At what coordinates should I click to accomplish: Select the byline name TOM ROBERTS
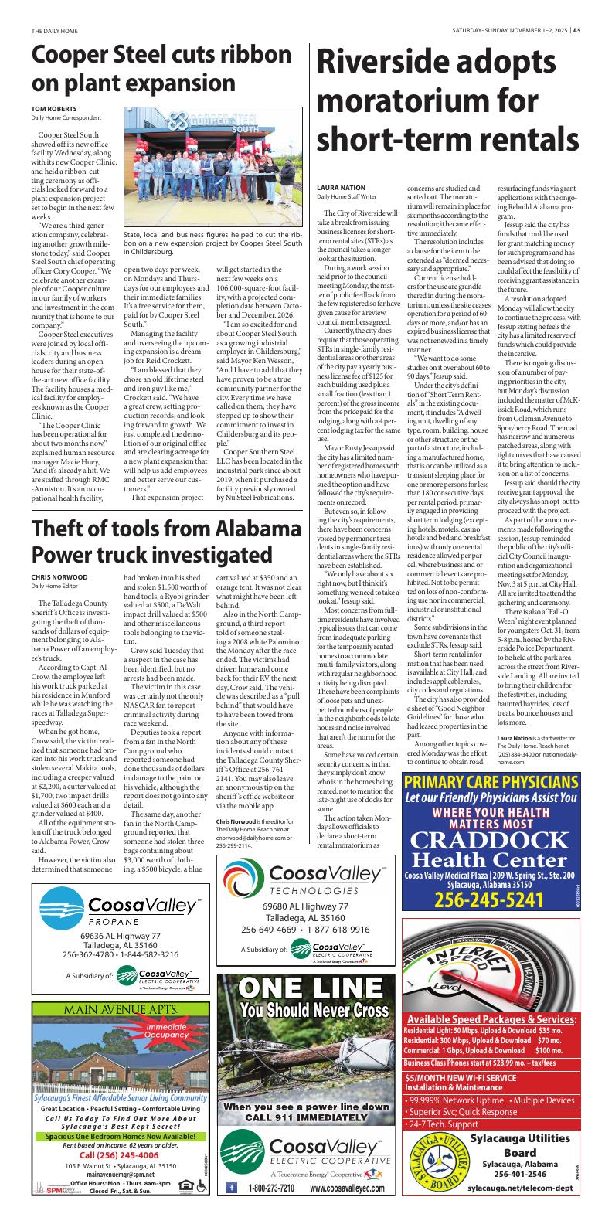(54, 108)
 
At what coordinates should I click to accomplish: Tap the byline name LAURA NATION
(342, 188)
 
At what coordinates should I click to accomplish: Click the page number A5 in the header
(576, 31)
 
